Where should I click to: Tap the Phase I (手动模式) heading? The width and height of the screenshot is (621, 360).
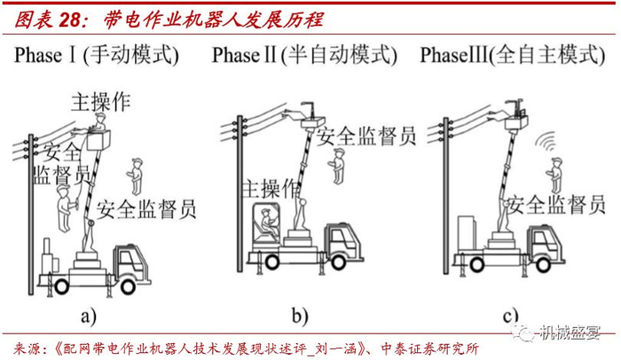97,57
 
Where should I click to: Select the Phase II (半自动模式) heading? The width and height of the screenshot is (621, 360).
303,56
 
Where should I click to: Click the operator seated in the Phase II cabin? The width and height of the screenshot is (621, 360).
263,221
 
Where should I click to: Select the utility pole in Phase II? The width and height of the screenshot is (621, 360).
239,195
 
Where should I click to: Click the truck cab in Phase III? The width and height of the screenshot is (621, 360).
548,242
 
